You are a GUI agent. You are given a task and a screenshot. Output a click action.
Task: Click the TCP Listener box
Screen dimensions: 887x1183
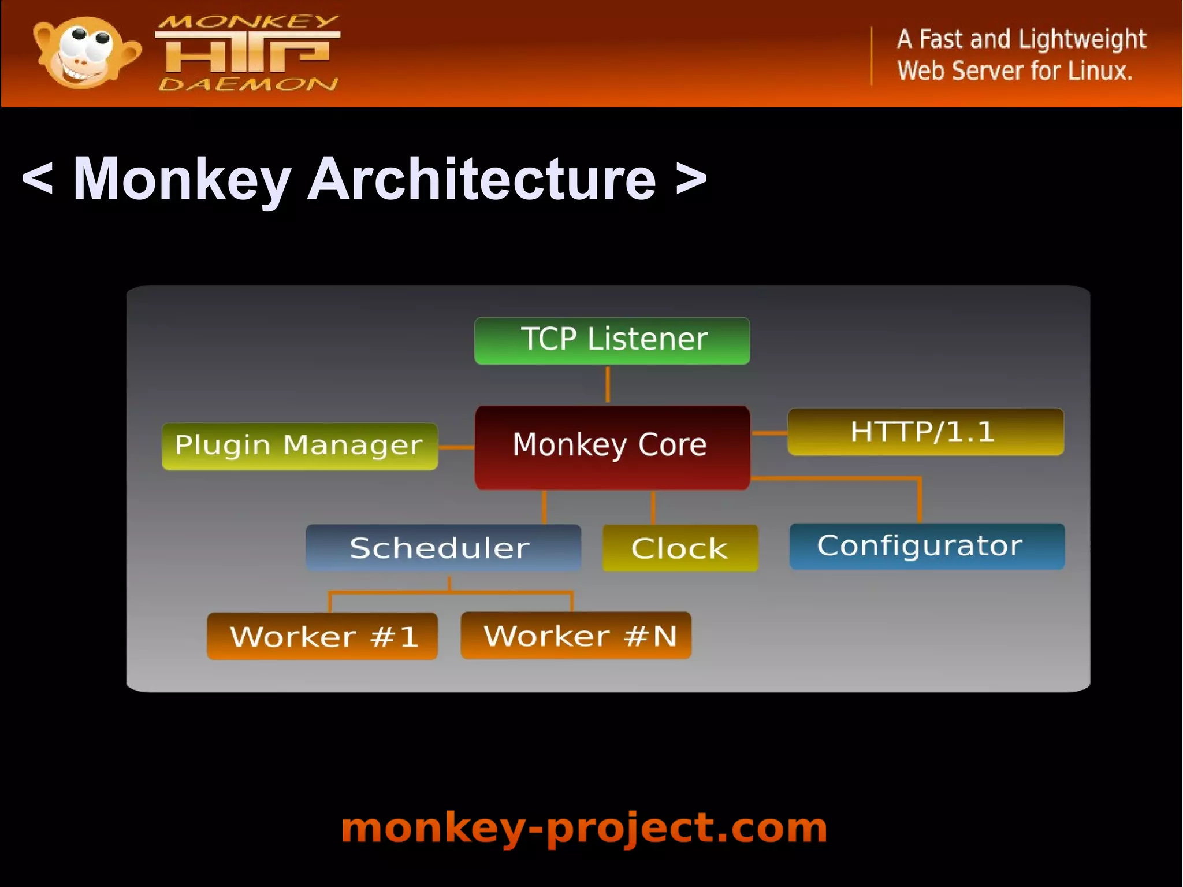click(x=612, y=340)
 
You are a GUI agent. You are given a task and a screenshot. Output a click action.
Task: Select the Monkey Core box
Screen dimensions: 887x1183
click(x=612, y=447)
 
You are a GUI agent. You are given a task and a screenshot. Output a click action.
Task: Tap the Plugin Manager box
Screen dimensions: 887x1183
click(x=299, y=446)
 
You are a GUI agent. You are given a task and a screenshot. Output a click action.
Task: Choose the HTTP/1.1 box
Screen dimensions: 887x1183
click(x=925, y=432)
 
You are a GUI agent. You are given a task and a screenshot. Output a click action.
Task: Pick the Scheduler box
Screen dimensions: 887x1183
click(x=442, y=547)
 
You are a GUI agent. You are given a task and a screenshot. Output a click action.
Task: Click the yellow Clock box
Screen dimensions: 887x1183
click(x=680, y=548)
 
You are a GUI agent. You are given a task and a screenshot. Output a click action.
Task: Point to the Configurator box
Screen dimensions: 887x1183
click(x=927, y=546)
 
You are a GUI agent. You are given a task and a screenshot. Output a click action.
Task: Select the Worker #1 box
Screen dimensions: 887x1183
click(x=322, y=636)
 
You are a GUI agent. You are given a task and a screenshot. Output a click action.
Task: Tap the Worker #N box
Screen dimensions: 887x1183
click(x=575, y=635)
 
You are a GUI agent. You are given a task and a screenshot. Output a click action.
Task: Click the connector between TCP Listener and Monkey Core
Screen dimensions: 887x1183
click(x=607, y=385)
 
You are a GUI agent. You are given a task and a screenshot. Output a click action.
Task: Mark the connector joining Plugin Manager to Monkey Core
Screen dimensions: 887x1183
click(x=456, y=447)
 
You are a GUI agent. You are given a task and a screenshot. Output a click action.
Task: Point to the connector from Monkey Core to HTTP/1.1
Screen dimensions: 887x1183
click(x=769, y=432)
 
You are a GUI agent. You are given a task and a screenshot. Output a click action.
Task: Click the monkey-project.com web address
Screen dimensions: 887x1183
click(x=584, y=828)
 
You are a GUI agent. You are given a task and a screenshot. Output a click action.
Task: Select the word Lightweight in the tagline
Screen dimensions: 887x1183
click(x=1081, y=39)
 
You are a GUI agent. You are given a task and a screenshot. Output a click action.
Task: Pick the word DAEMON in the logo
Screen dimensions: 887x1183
click(x=248, y=84)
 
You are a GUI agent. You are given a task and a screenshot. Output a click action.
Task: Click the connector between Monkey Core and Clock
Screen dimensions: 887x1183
click(x=653, y=507)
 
